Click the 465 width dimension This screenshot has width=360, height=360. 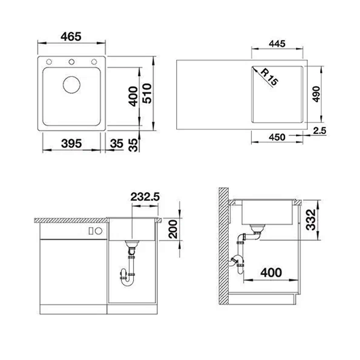coord(71,37)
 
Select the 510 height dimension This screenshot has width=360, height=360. coord(147,93)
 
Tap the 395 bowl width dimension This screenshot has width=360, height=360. coord(71,144)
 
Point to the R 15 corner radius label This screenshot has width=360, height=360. coord(270,77)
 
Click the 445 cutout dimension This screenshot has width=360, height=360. coord(277,44)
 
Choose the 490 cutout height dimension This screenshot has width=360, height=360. coord(316,94)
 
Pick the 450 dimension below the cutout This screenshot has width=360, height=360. coord(277,137)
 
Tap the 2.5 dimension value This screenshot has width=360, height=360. coord(320,131)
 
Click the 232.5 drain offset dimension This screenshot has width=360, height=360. coord(145,197)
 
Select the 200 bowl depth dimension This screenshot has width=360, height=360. coord(173,229)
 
